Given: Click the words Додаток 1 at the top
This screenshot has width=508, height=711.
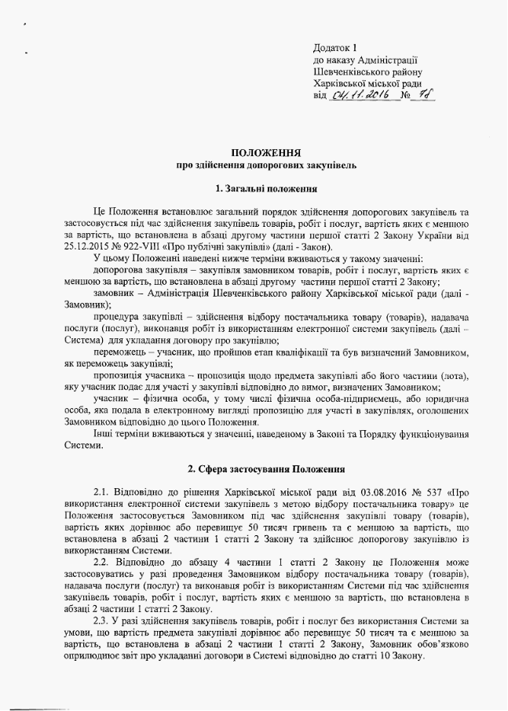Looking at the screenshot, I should pos(335,48).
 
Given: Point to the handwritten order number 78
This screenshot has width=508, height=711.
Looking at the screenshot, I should pos(427,96).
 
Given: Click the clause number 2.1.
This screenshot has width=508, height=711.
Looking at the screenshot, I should pos(101,492).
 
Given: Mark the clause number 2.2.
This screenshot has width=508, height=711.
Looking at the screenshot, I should pos(101,563).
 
